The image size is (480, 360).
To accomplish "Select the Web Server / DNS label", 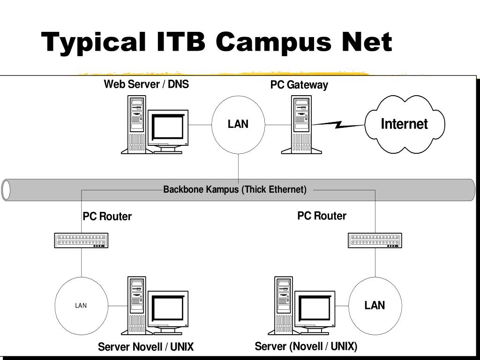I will point(146,84).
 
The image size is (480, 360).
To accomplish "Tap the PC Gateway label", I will point(299,85).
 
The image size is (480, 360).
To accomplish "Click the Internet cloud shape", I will point(405,124).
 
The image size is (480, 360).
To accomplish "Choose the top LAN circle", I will point(238,124).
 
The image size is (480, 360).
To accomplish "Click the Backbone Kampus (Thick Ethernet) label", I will point(235,190).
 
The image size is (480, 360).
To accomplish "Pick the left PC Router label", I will point(107,217).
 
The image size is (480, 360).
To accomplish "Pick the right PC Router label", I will point(322,216).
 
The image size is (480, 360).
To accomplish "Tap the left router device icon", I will point(82,240).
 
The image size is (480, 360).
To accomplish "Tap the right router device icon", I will point(375,240).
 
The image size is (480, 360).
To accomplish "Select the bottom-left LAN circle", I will point(81,306).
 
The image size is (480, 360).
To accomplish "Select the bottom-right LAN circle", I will point(375,306).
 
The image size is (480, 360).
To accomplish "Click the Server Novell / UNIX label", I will point(146,347).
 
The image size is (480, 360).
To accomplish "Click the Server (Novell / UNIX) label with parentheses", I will point(306,347).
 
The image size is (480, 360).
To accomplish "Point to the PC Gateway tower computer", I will point(301,124).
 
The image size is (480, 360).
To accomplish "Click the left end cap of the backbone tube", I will point(6,190).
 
